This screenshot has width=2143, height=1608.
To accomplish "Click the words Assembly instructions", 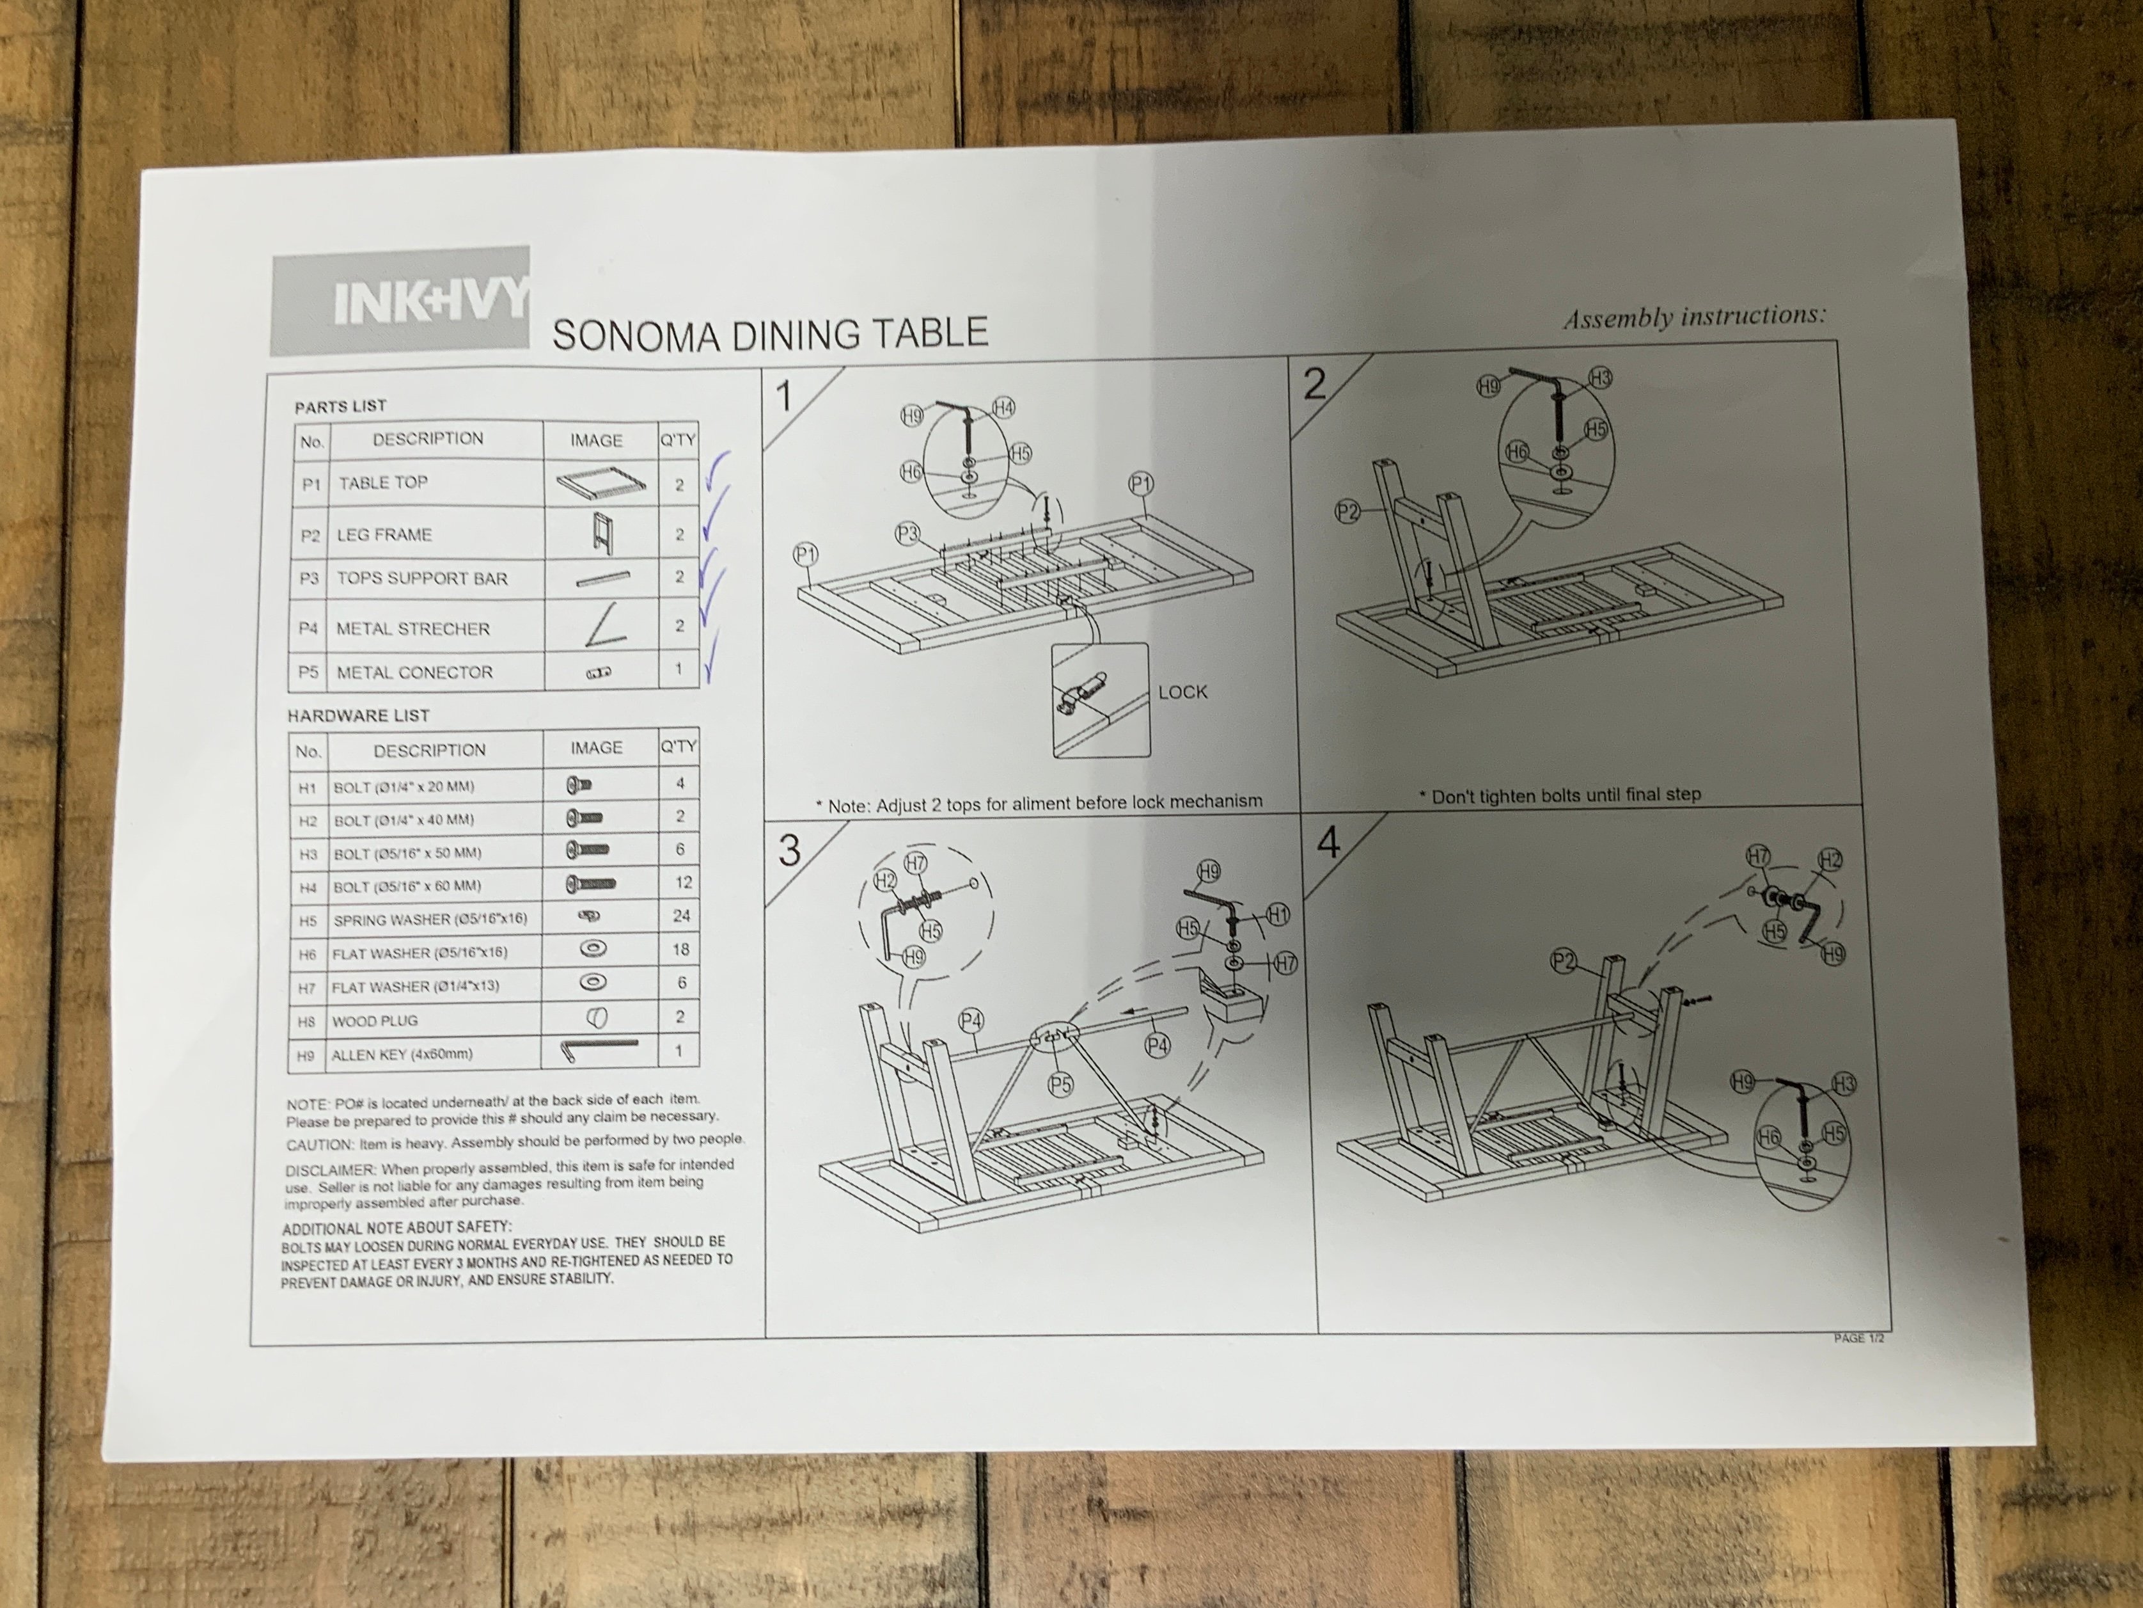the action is [1695, 317].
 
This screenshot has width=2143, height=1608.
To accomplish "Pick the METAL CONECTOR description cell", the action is [436, 672].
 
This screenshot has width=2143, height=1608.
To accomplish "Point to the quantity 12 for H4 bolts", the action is [683, 882].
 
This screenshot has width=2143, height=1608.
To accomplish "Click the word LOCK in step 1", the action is [1183, 692].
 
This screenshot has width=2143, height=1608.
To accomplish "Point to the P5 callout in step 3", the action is [1062, 1084].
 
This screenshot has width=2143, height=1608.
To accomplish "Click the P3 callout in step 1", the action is [907, 532].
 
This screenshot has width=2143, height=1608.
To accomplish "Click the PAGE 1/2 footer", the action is [1858, 1339].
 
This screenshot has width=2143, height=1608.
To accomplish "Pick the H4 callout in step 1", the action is [1003, 408].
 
